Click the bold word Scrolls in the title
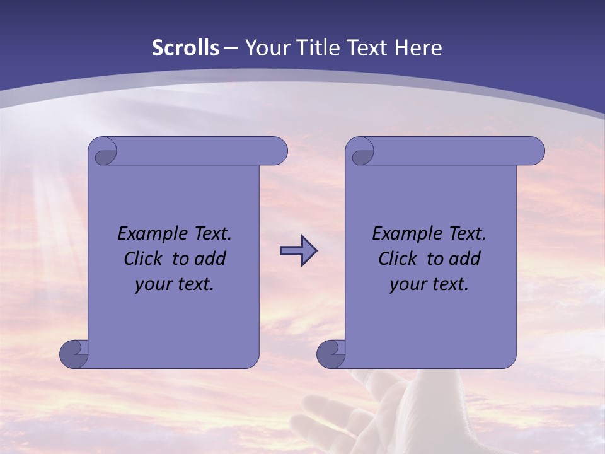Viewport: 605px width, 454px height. (x=186, y=48)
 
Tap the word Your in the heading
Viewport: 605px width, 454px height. (x=265, y=48)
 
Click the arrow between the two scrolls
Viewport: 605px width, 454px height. (x=298, y=250)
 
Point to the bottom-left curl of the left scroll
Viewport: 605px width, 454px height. (x=73, y=354)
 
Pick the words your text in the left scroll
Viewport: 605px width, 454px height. (x=175, y=284)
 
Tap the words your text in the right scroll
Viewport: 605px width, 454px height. (x=429, y=284)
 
